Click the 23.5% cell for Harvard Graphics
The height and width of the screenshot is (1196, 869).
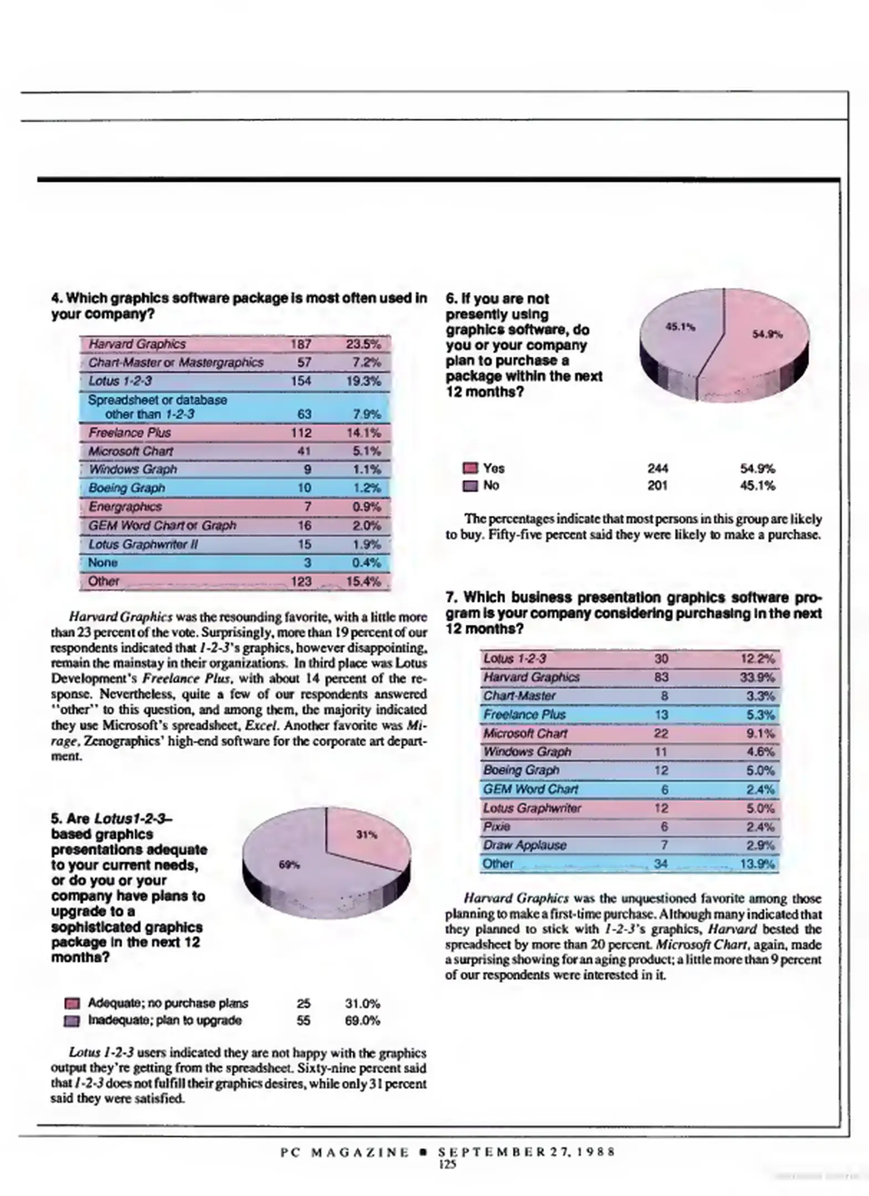pyautogui.click(x=363, y=344)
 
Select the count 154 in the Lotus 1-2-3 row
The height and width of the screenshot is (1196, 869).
pyautogui.click(x=301, y=381)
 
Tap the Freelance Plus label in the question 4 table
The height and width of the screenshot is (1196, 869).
pyautogui.click(x=130, y=432)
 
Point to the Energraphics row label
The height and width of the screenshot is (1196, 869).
pyautogui.click(x=125, y=507)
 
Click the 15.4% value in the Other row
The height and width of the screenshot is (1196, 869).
pyautogui.click(x=363, y=581)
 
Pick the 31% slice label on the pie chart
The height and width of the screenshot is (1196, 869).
pyautogui.click(x=366, y=834)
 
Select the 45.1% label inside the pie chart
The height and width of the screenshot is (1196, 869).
pyautogui.click(x=680, y=327)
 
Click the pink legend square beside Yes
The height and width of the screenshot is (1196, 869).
pyautogui.click(x=470, y=469)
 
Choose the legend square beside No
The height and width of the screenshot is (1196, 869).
pyautogui.click(x=470, y=486)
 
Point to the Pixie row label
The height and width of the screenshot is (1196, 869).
pyautogui.click(x=496, y=827)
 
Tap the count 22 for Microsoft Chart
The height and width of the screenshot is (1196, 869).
pyautogui.click(x=661, y=734)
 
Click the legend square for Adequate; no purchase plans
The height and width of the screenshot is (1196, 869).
pyautogui.click(x=72, y=1004)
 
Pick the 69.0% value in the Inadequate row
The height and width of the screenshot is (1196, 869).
pyautogui.click(x=362, y=1020)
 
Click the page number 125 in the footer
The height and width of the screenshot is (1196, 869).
pyautogui.click(x=447, y=1164)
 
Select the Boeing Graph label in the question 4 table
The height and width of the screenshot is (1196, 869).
pyautogui.click(x=126, y=488)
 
